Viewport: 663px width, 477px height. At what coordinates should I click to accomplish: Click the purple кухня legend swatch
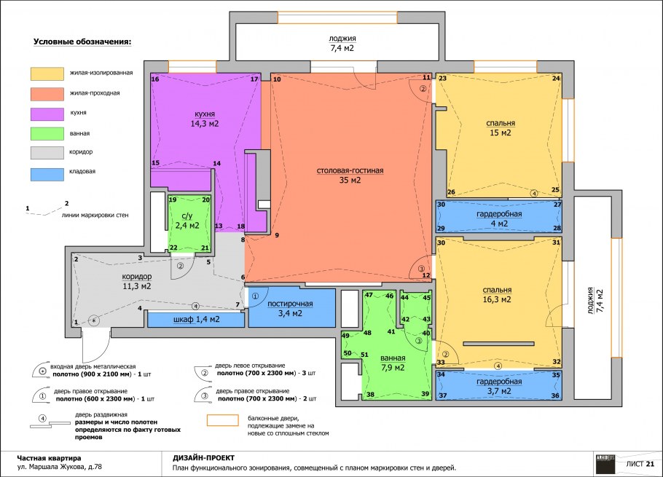[x=47, y=114]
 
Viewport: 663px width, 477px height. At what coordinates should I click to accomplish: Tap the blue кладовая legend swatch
[x=47, y=175]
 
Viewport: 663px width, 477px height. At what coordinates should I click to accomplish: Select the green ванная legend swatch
[x=47, y=133]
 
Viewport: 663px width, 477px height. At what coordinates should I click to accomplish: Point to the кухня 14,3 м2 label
[x=205, y=119]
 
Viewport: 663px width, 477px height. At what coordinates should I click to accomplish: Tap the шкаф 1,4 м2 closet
[x=196, y=320]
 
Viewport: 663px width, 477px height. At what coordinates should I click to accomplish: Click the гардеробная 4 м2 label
[x=499, y=218]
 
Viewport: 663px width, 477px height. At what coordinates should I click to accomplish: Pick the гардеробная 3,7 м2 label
[x=499, y=386]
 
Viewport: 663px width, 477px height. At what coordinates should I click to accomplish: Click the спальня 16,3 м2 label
[x=497, y=295]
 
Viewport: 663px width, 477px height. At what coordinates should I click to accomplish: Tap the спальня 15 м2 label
[x=501, y=128]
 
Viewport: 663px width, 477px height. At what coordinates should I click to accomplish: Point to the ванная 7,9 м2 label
[x=393, y=363]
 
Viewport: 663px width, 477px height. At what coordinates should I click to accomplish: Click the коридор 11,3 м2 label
[x=136, y=281]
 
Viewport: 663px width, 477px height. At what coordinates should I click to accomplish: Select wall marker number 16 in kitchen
[x=155, y=79]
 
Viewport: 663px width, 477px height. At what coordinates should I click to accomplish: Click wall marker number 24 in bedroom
[x=556, y=78]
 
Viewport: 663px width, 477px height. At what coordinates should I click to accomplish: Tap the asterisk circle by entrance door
[x=94, y=321]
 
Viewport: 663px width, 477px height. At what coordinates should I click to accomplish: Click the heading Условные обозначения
[x=82, y=42]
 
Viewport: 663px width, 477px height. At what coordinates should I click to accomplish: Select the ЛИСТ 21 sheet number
[x=640, y=463]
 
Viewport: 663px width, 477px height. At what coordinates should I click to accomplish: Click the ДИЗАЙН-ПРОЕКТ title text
[x=203, y=458]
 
